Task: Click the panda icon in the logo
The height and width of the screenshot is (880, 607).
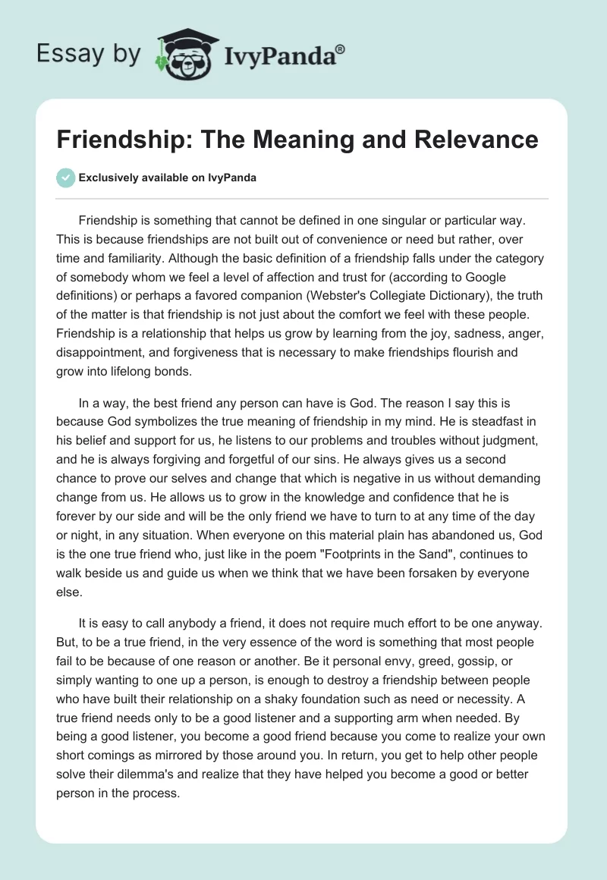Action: [x=183, y=54]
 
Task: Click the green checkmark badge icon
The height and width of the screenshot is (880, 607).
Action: [x=65, y=178]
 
